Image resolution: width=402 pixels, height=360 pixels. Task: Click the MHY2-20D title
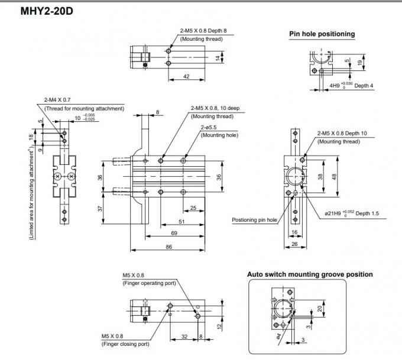(47, 11)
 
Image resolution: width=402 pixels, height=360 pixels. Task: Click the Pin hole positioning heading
(322, 34)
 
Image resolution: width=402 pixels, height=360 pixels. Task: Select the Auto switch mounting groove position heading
(310, 274)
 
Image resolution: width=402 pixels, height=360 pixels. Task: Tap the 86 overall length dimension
(168, 247)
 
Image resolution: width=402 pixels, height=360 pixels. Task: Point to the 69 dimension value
(174, 233)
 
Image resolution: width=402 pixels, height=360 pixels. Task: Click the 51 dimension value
(181, 222)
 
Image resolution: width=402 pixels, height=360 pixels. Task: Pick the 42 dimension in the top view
(186, 76)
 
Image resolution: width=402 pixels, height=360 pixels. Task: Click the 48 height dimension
(334, 177)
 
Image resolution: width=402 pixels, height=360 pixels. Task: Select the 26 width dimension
(294, 244)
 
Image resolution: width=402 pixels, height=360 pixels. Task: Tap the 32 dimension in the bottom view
(184, 336)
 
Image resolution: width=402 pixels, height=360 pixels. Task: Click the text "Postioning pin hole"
(254, 220)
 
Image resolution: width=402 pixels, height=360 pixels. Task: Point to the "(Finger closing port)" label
(125, 344)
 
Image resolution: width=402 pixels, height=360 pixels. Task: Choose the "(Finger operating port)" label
(149, 283)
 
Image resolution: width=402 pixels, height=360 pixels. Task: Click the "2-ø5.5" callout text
(209, 127)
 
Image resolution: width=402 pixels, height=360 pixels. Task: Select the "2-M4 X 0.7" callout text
(57, 100)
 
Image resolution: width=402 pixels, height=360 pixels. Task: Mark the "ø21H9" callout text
(333, 213)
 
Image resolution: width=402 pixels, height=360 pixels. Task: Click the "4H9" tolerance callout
(335, 85)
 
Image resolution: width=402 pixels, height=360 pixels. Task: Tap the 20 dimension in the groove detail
(320, 309)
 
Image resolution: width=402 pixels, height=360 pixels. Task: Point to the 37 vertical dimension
(100, 209)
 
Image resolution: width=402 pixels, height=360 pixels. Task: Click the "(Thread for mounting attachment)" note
(84, 108)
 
